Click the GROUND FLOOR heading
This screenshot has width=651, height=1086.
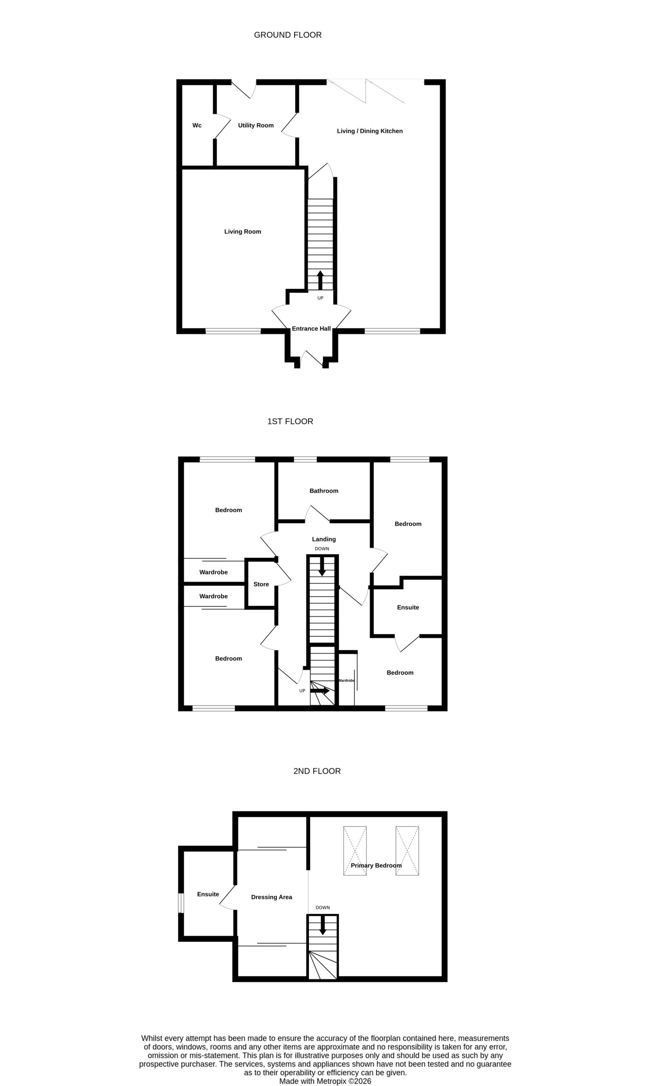click(x=288, y=35)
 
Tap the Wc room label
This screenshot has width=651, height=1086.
click(x=197, y=126)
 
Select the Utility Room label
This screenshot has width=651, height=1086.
click(x=256, y=126)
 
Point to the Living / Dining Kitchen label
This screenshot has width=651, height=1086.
click(x=370, y=131)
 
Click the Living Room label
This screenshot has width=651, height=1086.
click(x=243, y=232)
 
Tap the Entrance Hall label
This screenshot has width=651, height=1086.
click(x=311, y=328)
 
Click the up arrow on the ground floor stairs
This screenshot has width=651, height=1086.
click(x=320, y=280)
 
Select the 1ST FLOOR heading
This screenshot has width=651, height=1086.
click(x=290, y=421)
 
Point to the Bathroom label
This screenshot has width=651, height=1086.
click(x=324, y=490)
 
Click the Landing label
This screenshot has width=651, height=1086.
click(x=324, y=539)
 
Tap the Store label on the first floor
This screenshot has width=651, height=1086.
click(x=261, y=584)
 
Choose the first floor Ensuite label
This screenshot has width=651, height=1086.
click(x=408, y=607)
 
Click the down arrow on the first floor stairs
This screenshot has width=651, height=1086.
click(x=322, y=566)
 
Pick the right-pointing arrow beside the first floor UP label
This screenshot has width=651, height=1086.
click(x=320, y=691)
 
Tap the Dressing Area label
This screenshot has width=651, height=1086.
click(x=272, y=897)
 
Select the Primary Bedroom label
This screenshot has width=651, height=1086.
click(x=376, y=865)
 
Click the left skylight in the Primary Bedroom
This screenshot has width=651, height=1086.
click(x=355, y=851)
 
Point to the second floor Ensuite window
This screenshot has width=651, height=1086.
click(x=180, y=903)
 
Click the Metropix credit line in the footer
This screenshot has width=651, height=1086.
click(x=325, y=1081)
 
